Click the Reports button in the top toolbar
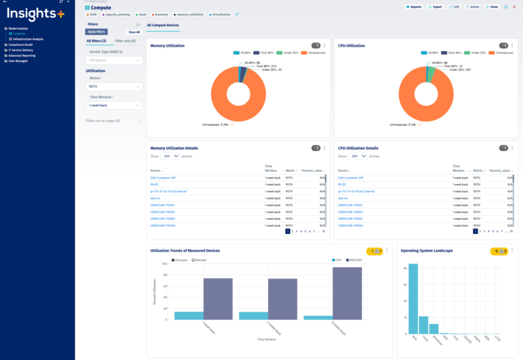413,7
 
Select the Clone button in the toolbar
492,7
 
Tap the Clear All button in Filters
134,32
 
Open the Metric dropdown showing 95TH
114,86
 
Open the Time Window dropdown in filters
114,105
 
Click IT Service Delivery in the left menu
20,50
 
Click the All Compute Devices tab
163,26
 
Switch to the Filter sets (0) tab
125,41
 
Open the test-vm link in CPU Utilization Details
343,198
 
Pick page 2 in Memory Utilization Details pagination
292,231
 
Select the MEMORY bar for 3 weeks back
347,293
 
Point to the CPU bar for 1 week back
188,315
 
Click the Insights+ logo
37,13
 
